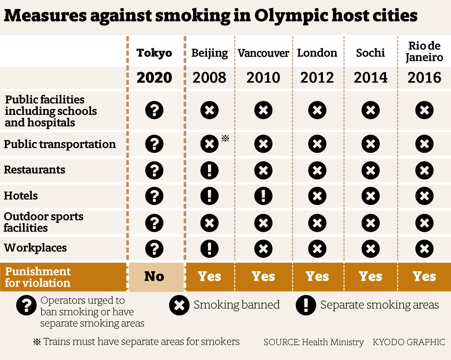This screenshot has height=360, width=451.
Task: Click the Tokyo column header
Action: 154,53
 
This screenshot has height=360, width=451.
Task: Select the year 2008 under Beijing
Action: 209,77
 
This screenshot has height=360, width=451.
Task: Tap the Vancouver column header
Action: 263,53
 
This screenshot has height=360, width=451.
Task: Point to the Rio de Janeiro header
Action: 424,52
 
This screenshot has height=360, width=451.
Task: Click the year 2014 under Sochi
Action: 371,77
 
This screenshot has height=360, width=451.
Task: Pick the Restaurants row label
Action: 35,170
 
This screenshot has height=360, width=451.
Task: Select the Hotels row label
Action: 21,196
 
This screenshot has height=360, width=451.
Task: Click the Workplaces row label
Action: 35,248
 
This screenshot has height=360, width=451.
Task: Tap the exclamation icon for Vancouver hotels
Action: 263,196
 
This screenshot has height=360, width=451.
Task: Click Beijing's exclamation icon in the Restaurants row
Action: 209,170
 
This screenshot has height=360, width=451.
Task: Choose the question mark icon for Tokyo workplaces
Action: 154,248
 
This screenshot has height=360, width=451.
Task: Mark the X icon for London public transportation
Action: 317,144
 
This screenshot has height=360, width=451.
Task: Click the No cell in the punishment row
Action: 154,276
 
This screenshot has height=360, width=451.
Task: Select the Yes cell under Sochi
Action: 371,276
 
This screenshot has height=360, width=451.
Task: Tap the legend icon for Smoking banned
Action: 179,305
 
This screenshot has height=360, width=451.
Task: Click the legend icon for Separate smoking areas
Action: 306,305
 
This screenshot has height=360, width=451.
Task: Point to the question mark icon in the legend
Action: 26,305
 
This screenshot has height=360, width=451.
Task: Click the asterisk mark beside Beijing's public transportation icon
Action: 225,138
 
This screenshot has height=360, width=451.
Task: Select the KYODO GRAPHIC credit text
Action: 409,342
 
